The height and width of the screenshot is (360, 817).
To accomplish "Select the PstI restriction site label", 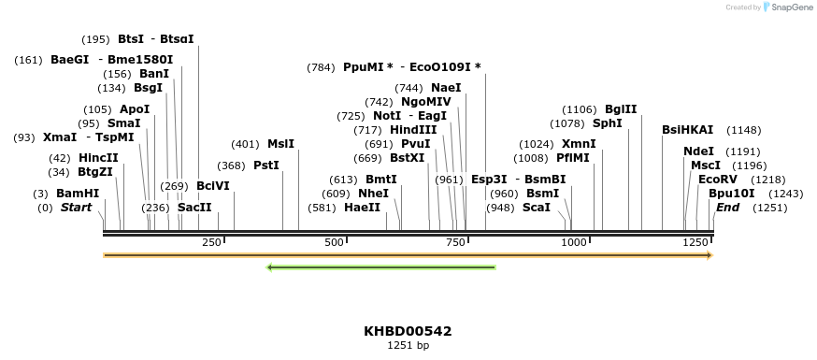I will tap(266, 166).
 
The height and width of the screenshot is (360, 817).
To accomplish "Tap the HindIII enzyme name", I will tap(413, 130).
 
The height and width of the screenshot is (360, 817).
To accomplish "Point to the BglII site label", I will tap(621, 109).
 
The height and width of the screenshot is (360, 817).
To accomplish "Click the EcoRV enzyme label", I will tap(717, 180).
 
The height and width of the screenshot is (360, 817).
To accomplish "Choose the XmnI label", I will tap(579, 144).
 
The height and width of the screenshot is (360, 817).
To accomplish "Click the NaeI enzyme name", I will tap(446, 88).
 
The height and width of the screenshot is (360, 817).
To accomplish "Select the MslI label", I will tap(280, 144).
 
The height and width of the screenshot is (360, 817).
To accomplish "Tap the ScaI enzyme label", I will tap(536, 208).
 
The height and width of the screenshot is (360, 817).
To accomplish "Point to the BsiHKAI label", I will tap(687, 130).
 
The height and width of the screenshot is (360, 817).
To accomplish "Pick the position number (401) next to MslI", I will tap(245, 144).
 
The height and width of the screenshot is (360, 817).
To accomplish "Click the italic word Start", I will tap(77, 208).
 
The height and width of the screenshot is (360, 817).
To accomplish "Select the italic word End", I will tap(728, 208).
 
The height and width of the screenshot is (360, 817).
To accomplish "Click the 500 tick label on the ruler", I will tap(334, 243).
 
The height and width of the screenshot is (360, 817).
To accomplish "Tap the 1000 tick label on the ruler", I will tap(572, 243).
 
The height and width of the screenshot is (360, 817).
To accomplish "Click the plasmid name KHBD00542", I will tap(408, 331).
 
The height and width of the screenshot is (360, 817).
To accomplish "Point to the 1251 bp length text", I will tap(408, 346).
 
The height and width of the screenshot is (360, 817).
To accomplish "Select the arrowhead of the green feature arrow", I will tap(271, 268).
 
